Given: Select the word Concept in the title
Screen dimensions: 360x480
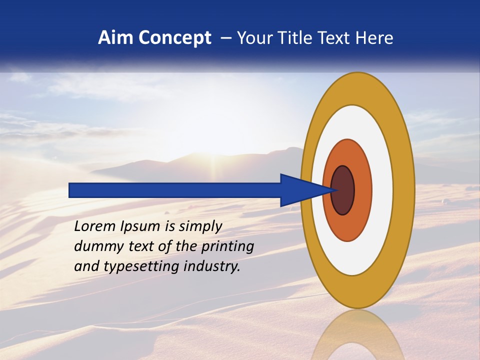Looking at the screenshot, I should (x=174, y=38).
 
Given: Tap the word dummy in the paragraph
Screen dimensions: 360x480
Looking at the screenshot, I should (x=95, y=246).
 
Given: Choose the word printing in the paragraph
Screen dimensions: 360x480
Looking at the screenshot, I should (x=227, y=247).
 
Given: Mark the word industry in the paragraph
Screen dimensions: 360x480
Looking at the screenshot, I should (x=212, y=266).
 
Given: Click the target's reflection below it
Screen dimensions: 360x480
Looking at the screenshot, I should (x=357, y=335).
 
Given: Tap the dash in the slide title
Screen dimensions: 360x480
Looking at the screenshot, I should (x=226, y=38).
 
